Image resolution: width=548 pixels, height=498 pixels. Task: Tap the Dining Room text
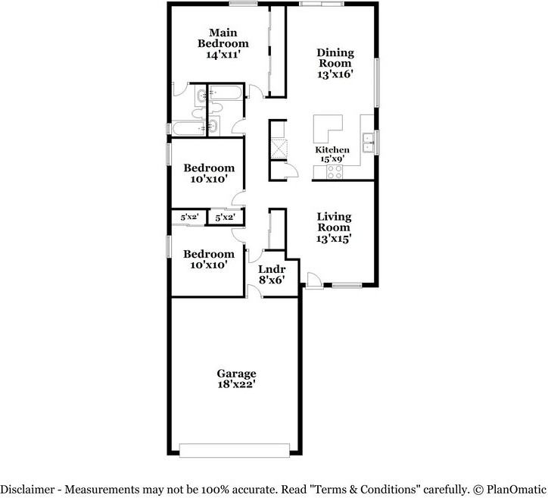[335, 58]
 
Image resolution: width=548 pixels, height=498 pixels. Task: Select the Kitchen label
[332, 150]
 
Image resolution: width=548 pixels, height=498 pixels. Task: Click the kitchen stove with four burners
[335, 172]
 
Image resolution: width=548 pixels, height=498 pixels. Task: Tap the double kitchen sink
[367, 142]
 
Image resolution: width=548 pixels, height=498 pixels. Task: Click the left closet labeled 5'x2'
[188, 218]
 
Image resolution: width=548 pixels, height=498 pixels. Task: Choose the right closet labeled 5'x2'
[225, 218]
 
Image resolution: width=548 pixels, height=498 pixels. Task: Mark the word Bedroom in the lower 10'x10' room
[208, 254]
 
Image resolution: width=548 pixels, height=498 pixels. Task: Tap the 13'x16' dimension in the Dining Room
[335, 75]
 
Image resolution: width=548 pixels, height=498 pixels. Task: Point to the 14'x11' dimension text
[223, 55]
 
